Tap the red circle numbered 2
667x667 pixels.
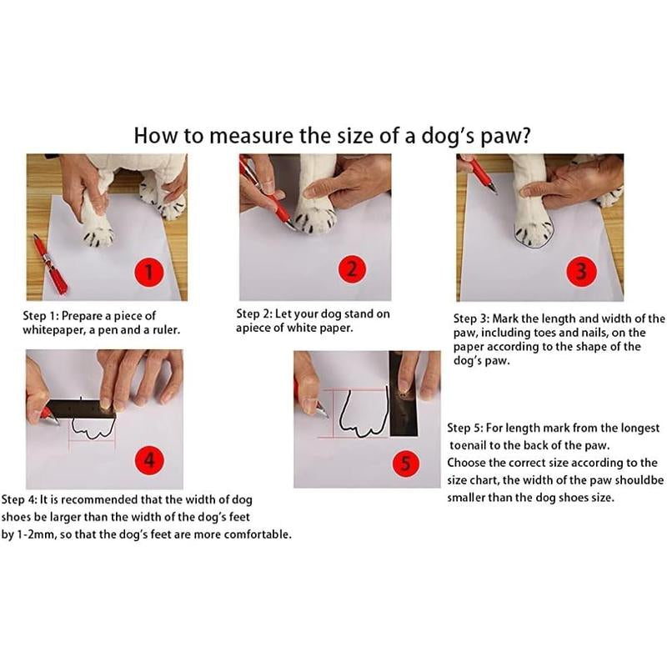(x=352, y=269)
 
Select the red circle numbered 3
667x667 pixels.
(x=581, y=271)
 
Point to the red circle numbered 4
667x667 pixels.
(x=150, y=460)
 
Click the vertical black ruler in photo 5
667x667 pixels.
(x=404, y=396)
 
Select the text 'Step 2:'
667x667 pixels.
(x=258, y=314)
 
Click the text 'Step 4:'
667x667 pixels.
(x=23, y=499)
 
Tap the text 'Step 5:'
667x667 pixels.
(x=470, y=428)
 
